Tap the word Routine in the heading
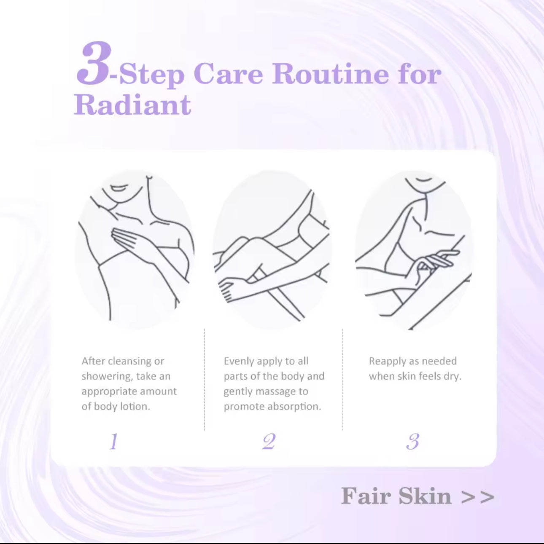(330, 74)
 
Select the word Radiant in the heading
(132, 105)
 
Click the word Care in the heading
(228, 74)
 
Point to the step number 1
(113, 442)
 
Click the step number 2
(269, 442)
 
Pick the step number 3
(412, 442)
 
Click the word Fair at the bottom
(366, 496)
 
